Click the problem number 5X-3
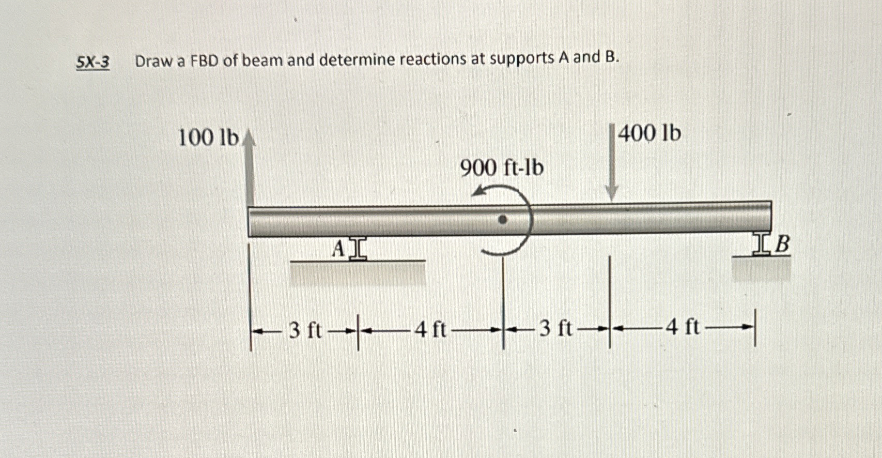(x=93, y=63)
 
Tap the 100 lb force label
(x=208, y=138)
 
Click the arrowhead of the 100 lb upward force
(x=250, y=138)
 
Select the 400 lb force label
(x=649, y=133)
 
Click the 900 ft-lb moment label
(x=502, y=168)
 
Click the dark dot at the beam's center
(x=502, y=220)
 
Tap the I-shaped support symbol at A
(x=358, y=249)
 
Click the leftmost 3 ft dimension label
(x=305, y=329)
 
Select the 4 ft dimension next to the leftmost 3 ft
(x=430, y=329)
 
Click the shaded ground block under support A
(x=357, y=273)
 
